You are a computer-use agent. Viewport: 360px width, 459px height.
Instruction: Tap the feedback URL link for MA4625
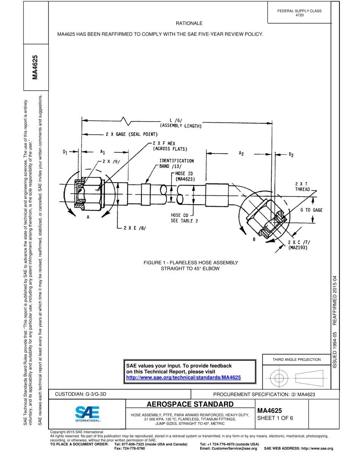coord(183,378)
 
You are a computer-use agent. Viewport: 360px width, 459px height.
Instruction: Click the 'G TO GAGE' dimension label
coord(311,210)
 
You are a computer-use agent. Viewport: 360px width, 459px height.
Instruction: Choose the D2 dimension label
coord(291,155)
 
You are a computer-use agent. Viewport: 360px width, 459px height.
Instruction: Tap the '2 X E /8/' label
coord(135,228)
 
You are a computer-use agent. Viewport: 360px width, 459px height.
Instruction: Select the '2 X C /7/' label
coord(299,242)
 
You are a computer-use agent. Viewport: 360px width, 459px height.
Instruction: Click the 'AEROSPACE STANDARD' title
coord(190,404)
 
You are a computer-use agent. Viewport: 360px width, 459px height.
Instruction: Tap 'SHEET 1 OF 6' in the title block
coord(275,418)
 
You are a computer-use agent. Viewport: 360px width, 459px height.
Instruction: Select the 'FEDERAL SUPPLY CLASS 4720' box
coord(299,13)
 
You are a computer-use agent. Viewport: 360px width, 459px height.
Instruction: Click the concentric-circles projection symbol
coord(279,378)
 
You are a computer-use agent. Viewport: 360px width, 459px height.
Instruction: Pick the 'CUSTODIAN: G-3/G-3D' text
coord(81,394)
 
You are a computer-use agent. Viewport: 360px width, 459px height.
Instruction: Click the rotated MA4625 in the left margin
coord(36,67)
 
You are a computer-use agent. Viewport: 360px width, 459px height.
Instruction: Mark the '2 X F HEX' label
coord(164,144)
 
